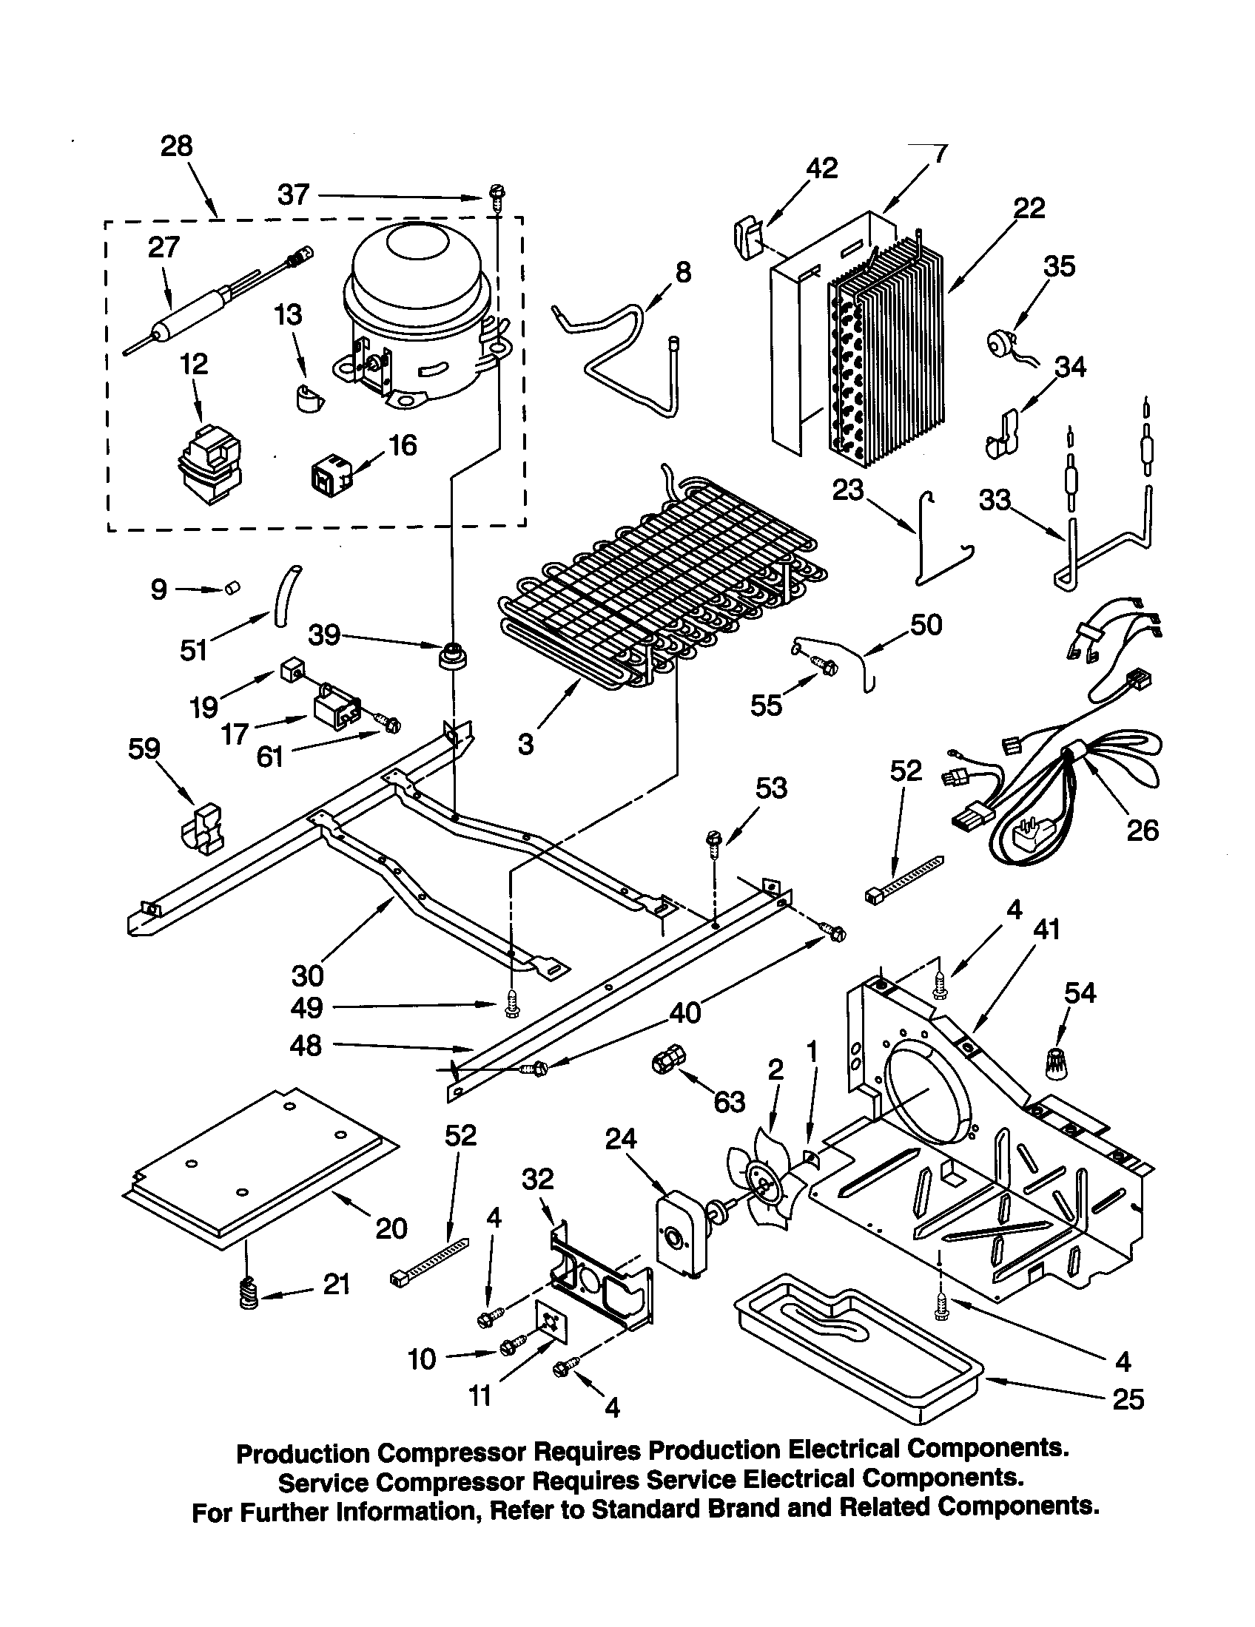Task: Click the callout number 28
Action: click(177, 146)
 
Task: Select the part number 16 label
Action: click(403, 445)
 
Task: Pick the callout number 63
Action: click(729, 1102)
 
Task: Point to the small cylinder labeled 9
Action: click(232, 589)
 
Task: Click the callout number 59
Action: click(144, 748)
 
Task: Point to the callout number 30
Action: click(307, 975)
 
